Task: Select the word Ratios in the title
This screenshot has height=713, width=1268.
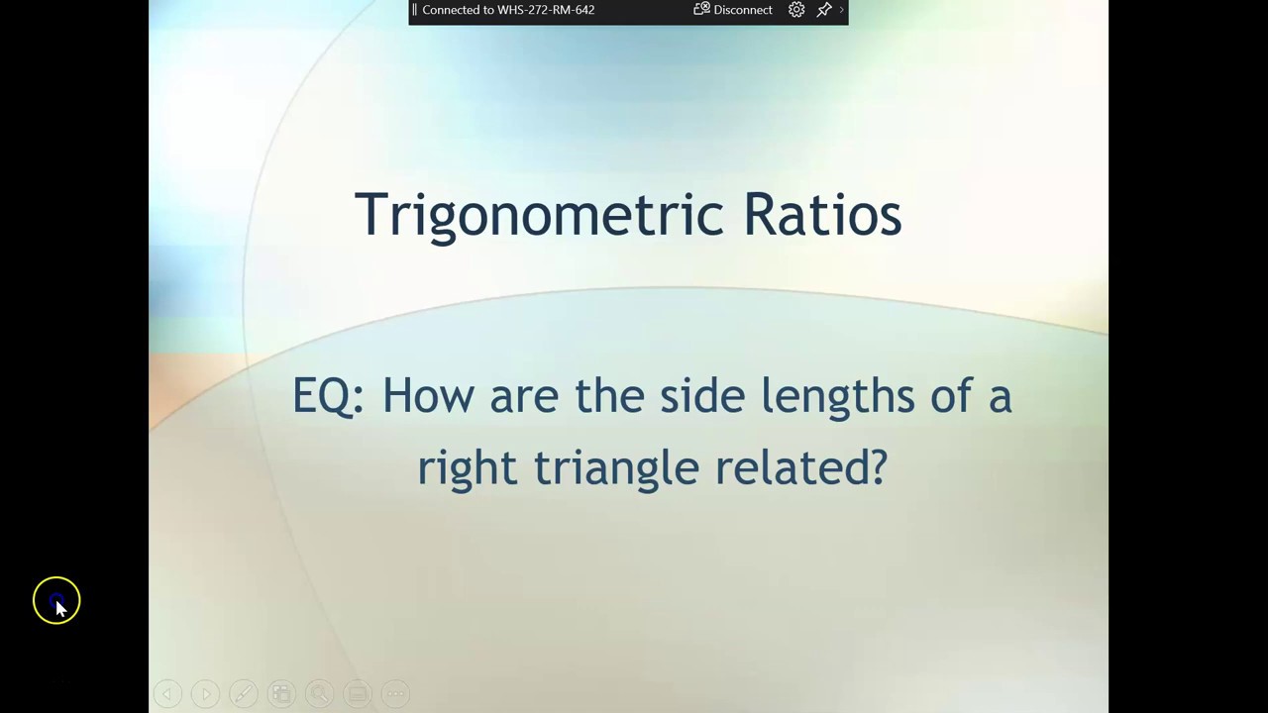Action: point(821,214)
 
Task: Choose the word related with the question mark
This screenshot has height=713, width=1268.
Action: point(800,467)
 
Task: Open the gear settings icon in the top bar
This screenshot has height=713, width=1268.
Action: point(796,10)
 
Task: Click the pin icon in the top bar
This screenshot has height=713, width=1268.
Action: point(823,10)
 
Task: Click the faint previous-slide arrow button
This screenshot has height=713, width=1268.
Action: point(167,694)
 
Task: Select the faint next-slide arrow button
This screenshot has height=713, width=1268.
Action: point(205,694)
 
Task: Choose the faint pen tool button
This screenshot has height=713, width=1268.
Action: point(244,694)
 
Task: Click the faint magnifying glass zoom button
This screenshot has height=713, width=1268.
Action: point(319,694)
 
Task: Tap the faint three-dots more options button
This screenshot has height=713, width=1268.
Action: point(395,694)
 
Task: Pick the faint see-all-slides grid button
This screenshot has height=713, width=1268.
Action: point(281,694)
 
